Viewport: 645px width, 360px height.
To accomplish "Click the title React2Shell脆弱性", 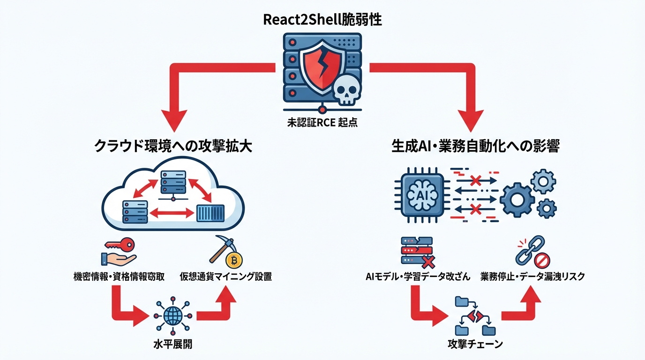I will click(x=322, y=21).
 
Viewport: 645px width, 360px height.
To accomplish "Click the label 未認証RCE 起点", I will click(x=322, y=124).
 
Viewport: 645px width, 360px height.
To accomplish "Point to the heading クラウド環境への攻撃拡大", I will click(x=174, y=146).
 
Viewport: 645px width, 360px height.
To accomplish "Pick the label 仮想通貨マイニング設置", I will click(x=225, y=276).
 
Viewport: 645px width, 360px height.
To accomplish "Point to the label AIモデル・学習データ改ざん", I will click(x=418, y=276).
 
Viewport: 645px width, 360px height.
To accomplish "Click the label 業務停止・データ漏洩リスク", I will click(x=532, y=276).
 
